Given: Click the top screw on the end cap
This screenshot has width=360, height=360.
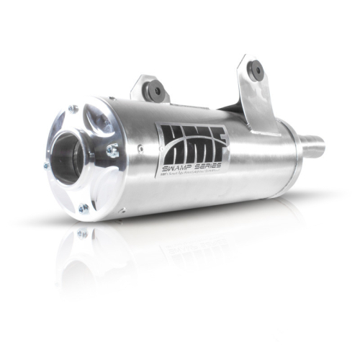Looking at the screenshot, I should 73,109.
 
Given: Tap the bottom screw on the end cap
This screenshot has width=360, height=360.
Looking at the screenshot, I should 84,209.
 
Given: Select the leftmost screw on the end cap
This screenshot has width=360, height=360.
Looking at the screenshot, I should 46,166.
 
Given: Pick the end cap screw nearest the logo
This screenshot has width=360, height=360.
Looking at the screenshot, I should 113,150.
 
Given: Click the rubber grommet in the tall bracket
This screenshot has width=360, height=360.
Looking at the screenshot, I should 255,71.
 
